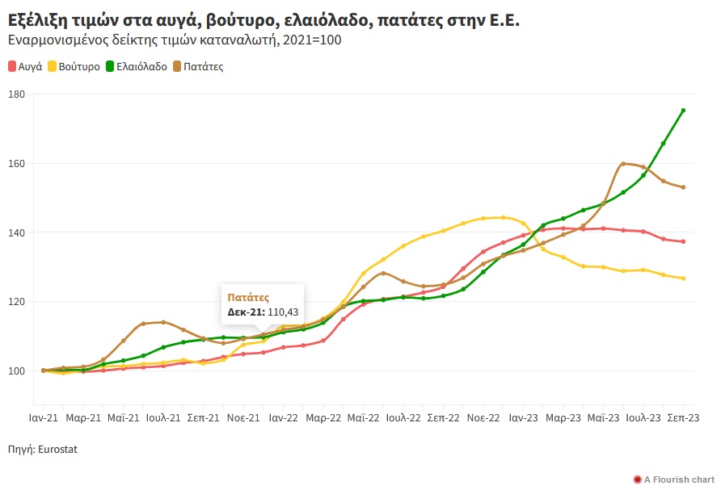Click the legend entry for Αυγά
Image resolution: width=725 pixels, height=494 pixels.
(29, 67)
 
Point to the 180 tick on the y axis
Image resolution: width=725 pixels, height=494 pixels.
(17, 94)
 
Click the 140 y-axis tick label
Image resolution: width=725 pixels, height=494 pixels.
(17, 232)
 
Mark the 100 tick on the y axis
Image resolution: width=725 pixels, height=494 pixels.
(17, 370)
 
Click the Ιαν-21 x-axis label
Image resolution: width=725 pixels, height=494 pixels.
(43, 418)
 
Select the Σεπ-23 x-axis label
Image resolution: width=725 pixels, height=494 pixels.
(683, 418)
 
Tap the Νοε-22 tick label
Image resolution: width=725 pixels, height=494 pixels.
(483, 418)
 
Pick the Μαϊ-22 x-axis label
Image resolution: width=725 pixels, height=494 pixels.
(363, 418)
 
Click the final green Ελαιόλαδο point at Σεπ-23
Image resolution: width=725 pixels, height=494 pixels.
(683, 111)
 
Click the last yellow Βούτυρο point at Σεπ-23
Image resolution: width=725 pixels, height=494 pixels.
(683, 278)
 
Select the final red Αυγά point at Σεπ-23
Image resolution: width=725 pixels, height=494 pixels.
(683, 241)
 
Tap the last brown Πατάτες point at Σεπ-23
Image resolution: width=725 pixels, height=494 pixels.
(683, 187)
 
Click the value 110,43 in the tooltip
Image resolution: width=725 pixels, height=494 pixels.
(282, 312)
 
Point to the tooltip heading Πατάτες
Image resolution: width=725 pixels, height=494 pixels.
(248, 298)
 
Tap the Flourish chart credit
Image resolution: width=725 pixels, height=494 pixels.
(679, 479)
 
